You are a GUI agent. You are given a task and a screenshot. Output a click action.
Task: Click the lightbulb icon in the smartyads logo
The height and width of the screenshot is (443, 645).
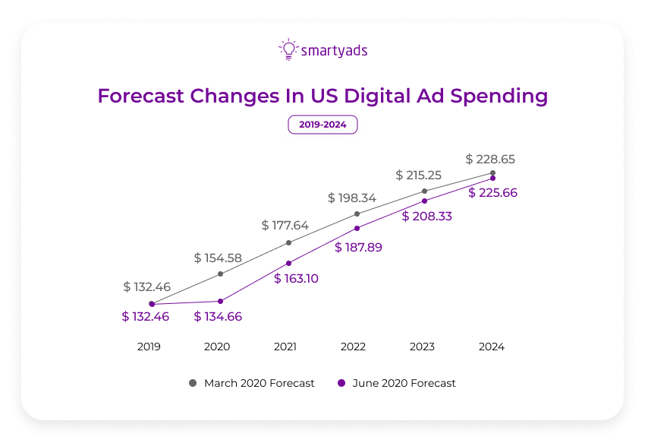(288, 49)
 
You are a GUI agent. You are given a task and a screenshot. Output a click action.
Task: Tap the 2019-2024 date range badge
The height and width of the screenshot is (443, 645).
(322, 125)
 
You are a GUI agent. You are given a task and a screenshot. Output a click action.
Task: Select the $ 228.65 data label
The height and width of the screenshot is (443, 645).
(491, 160)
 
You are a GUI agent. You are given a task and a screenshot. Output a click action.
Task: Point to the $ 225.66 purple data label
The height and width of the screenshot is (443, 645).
(492, 193)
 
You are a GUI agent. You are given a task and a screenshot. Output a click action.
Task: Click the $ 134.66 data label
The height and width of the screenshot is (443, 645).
(218, 317)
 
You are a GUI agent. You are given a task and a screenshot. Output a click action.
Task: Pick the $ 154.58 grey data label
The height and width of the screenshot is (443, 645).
(218, 258)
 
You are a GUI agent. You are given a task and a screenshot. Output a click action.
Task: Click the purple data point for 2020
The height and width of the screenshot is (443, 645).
(220, 301)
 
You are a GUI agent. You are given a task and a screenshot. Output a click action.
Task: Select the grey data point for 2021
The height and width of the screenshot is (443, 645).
(288, 243)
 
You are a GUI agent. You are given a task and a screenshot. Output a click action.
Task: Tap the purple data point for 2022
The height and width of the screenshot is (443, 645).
(357, 228)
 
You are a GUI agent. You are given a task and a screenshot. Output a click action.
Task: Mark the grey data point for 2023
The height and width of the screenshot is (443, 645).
(424, 191)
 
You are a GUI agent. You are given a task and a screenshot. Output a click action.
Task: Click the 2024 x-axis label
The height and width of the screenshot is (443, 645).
(491, 346)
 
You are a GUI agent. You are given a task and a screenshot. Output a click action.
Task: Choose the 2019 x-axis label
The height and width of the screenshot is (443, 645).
(149, 346)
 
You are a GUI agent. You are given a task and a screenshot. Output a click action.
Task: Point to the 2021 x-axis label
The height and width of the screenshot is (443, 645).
(285, 346)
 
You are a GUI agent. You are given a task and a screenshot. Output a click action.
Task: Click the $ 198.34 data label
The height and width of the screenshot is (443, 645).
(352, 198)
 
